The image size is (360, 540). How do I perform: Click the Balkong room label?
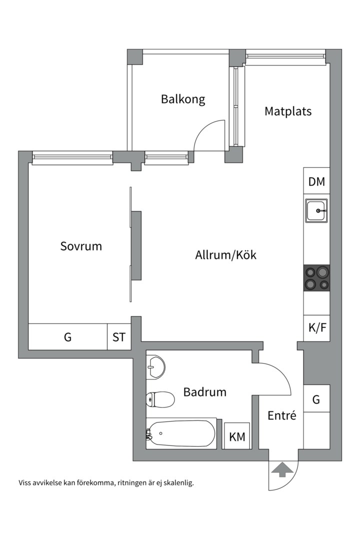pos(182,99)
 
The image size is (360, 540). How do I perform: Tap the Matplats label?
pos(287,111)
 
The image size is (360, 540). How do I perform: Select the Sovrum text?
pos(81,246)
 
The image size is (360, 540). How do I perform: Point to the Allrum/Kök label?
pos(225,255)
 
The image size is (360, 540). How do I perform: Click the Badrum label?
pos(204,392)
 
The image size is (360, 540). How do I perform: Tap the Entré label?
pos(281,415)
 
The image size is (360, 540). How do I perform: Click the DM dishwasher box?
pos(316,181)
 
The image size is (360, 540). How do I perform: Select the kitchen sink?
pos(316,211)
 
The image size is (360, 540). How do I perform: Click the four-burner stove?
pos(316,278)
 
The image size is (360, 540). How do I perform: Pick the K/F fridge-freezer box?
pos(316,328)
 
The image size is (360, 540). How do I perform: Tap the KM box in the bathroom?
pos(237,436)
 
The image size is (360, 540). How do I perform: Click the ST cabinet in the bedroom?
pos(118,337)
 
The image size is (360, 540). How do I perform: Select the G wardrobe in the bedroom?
pos(67,337)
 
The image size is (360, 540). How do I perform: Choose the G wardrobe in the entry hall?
pos(316,399)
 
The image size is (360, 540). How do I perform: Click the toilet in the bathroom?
pos(160,399)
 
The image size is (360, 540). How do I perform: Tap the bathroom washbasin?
pos(155,367)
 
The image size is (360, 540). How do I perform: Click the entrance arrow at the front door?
pos(281,469)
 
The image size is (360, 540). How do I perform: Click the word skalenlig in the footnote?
pos(177,483)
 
